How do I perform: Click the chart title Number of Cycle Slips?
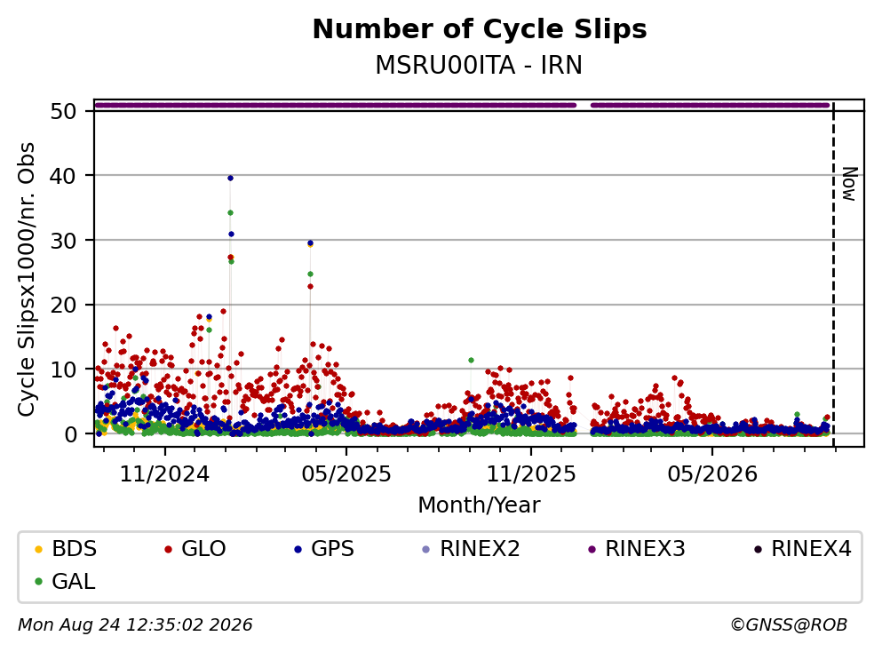pyautogui.click(x=480, y=29)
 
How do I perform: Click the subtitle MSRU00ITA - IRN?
pyautogui.click(x=479, y=65)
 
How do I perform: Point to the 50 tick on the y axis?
pyautogui.click(x=63, y=111)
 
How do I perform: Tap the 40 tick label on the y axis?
pyautogui.click(x=63, y=176)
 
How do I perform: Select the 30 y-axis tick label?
pyautogui.click(x=63, y=241)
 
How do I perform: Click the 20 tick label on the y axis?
pyautogui.click(x=63, y=305)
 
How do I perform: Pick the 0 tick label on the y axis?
pyautogui.click(x=70, y=434)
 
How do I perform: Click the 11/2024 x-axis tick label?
pyautogui.click(x=165, y=474)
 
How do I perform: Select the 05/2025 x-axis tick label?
pyautogui.click(x=346, y=474)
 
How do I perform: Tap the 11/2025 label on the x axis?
pyautogui.click(x=531, y=474)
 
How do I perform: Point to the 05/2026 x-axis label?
pyautogui.click(x=712, y=474)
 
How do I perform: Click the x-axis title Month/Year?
pyautogui.click(x=479, y=505)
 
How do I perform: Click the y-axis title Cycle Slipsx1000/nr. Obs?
pyautogui.click(x=27, y=280)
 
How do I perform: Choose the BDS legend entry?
pyautogui.click(x=66, y=548)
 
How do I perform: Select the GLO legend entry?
pyautogui.click(x=195, y=548)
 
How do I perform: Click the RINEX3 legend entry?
pyautogui.click(x=637, y=548)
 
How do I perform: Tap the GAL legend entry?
pyautogui.click(x=65, y=581)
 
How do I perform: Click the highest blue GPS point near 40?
pyautogui.click(x=230, y=179)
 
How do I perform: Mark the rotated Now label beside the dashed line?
pyautogui.click(x=849, y=184)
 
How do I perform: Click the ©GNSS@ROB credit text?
pyautogui.click(x=789, y=624)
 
